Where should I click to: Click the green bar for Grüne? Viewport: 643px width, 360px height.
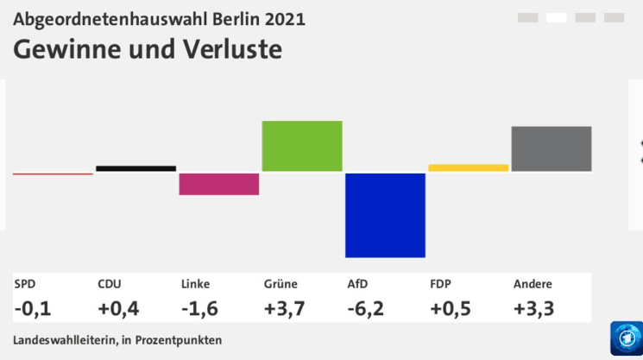(x=302, y=146)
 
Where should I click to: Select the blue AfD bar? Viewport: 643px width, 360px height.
(x=385, y=215)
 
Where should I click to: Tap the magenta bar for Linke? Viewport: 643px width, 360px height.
(x=219, y=184)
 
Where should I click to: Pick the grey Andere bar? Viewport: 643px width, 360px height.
(x=552, y=148)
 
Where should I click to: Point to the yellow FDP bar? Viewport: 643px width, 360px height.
(x=469, y=167)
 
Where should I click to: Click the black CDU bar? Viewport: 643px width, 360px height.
(x=136, y=168)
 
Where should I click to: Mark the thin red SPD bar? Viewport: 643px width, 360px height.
(x=53, y=174)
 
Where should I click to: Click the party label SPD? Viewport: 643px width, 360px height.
(x=24, y=284)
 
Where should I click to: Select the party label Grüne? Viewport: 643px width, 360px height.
(x=281, y=284)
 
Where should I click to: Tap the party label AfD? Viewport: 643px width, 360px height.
(x=357, y=284)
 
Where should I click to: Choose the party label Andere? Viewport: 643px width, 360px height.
(x=533, y=284)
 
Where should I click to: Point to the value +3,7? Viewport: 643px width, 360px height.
(x=285, y=308)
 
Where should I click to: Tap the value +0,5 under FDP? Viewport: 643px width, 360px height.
(x=451, y=308)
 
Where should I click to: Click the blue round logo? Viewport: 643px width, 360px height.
(x=626, y=338)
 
